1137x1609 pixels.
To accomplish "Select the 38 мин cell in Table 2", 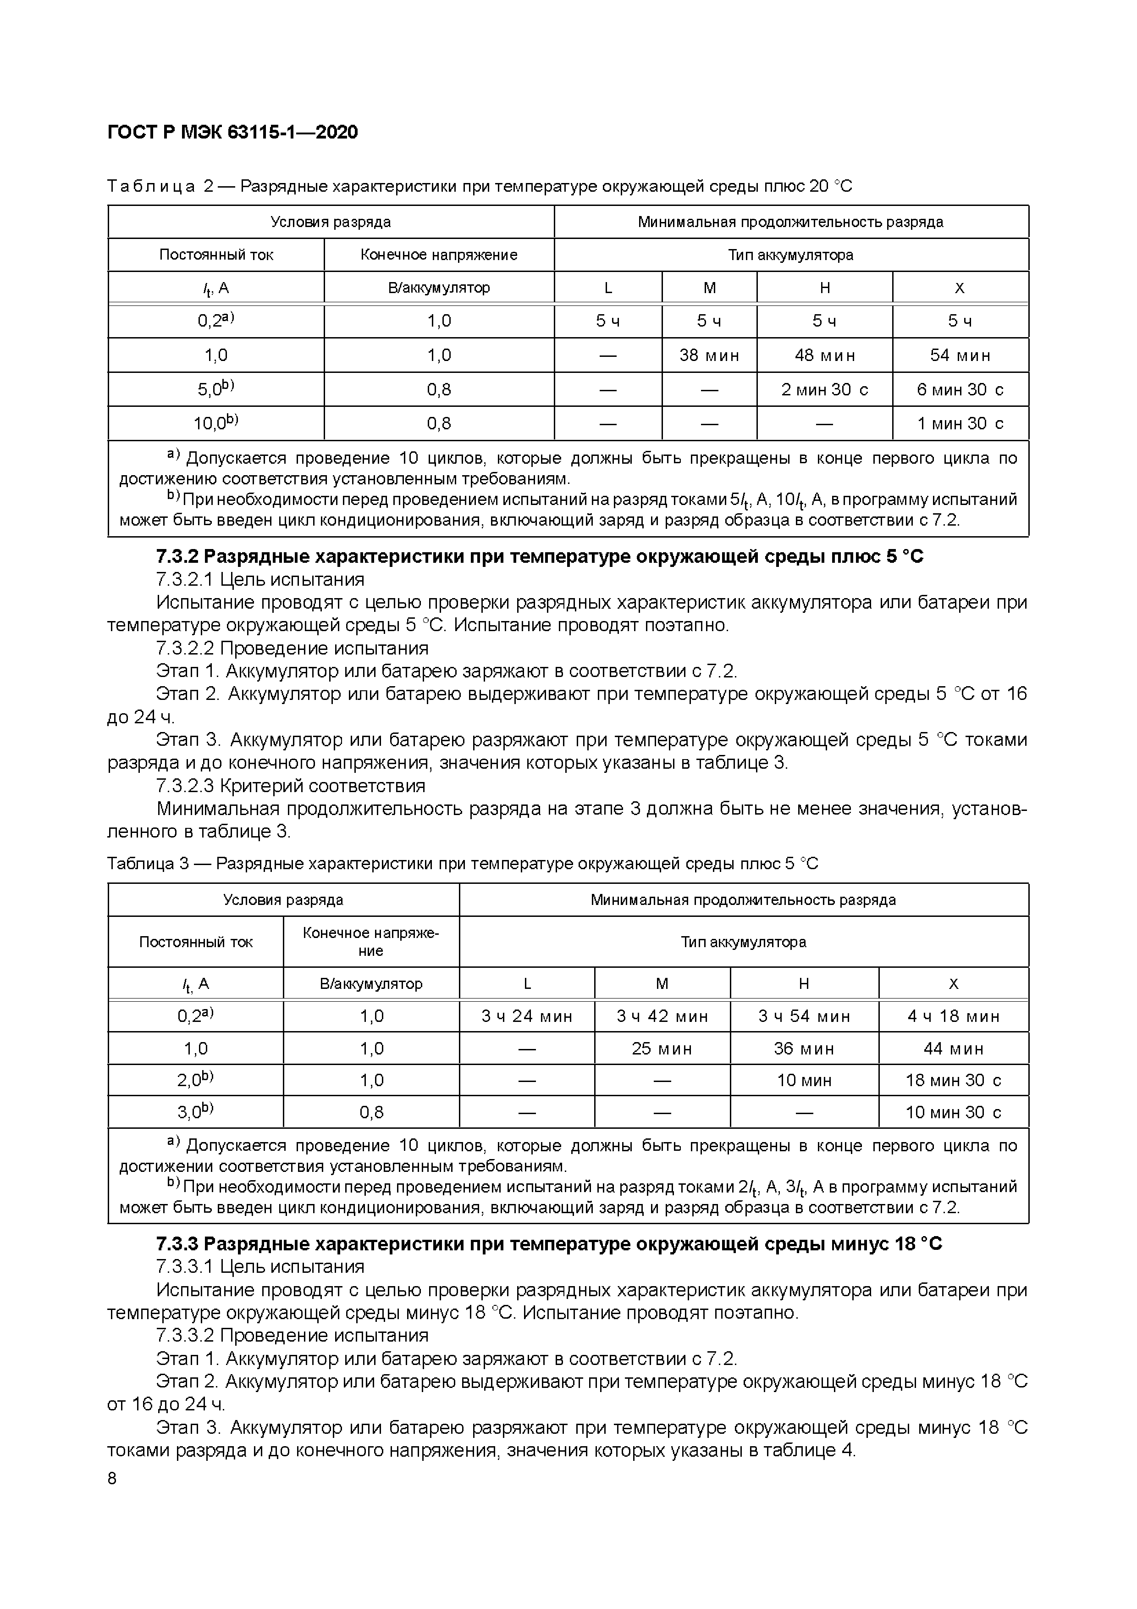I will (709, 355).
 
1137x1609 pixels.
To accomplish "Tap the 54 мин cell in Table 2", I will (960, 355).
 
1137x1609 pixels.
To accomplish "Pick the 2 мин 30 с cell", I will (824, 389).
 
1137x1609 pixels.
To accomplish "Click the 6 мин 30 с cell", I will (960, 389).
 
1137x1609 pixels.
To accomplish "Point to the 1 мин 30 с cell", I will (960, 423).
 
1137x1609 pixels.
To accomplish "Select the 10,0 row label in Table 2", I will (216, 423).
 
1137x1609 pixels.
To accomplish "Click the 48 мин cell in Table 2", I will (824, 355).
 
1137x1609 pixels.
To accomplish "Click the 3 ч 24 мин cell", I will (527, 1016).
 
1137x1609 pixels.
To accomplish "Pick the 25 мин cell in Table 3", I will (662, 1049).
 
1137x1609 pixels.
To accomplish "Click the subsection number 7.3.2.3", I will (184, 786).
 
